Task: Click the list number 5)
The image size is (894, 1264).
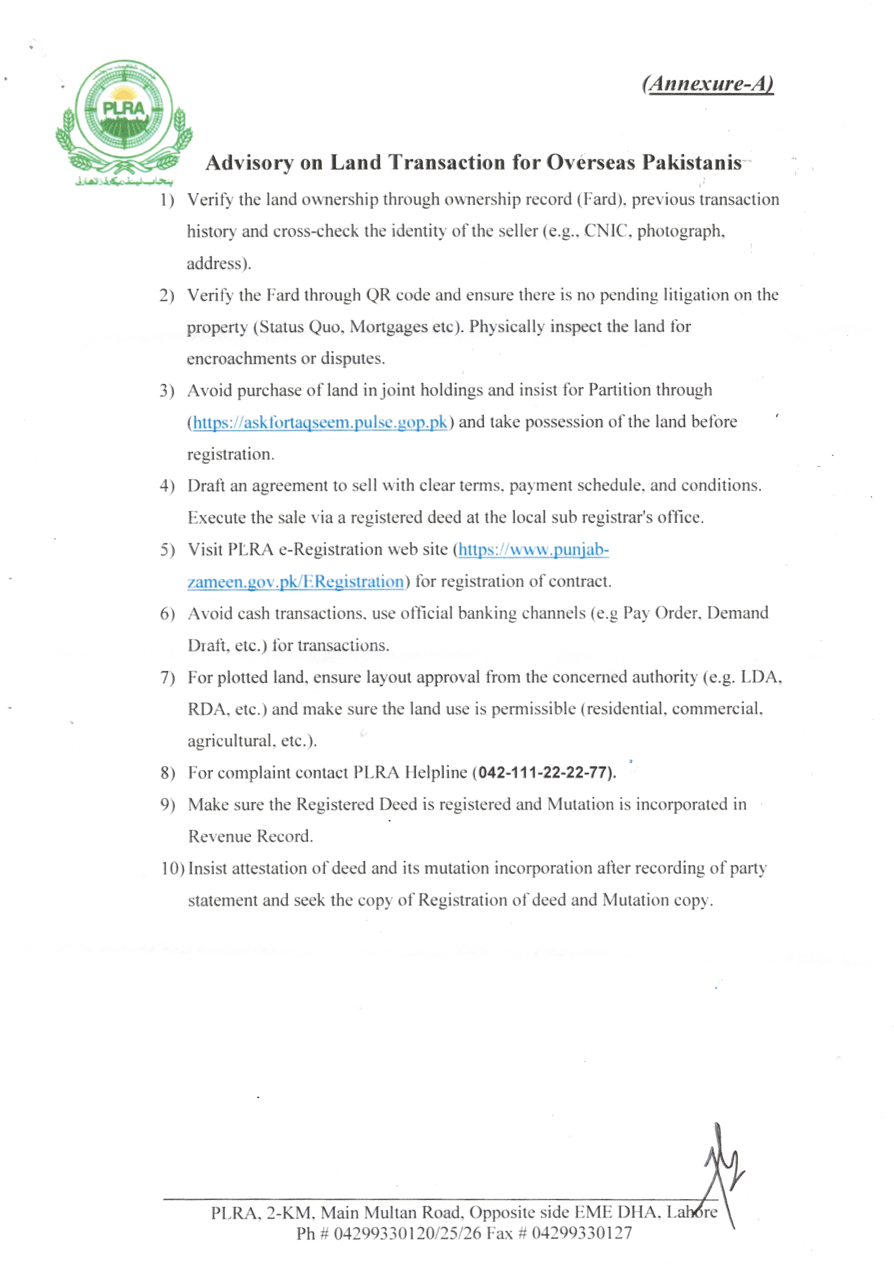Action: click(167, 550)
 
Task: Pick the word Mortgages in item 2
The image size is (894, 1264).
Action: click(389, 327)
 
